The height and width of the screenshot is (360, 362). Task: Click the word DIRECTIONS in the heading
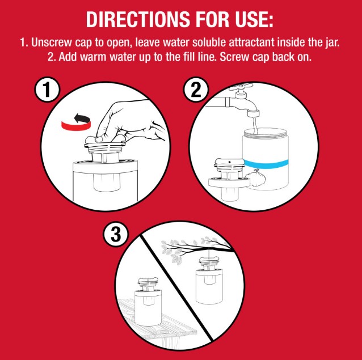(x=138, y=19)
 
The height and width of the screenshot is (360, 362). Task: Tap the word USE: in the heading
(x=254, y=19)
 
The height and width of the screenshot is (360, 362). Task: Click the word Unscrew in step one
(x=51, y=43)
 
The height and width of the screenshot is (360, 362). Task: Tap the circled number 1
(x=47, y=90)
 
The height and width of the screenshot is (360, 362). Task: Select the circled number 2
(x=196, y=90)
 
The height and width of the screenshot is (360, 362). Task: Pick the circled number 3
(x=116, y=234)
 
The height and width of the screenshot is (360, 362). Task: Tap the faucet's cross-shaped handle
(x=241, y=87)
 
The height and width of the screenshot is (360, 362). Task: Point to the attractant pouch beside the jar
(x=255, y=178)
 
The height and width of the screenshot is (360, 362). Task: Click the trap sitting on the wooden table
(x=148, y=302)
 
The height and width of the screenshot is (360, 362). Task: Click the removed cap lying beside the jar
(x=229, y=180)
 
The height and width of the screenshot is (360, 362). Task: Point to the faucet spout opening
(x=253, y=114)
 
